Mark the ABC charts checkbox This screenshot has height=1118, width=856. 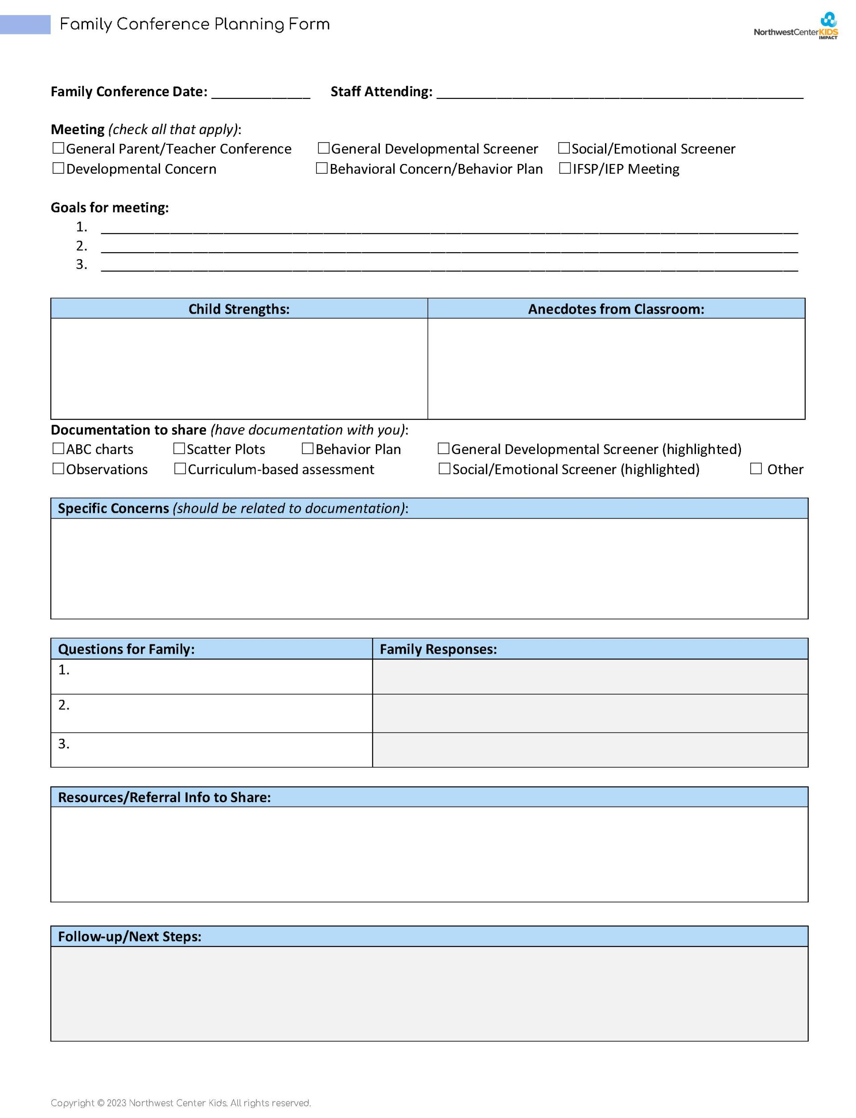(58, 449)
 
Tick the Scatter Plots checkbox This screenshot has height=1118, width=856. (179, 449)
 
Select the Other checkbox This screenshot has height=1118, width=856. (756, 468)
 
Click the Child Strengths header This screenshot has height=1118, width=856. (239, 309)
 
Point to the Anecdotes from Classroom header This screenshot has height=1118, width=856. (616, 309)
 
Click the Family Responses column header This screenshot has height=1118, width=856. (438, 649)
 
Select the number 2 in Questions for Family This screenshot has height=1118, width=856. (64, 705)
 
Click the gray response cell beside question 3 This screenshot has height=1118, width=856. (590, 750)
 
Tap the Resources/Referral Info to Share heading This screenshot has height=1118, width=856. (164, 797)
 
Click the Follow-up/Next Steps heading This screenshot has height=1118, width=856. (129, 937)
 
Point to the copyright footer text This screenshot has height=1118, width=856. (181, 1103)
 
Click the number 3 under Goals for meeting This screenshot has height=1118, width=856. (82, 264)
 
